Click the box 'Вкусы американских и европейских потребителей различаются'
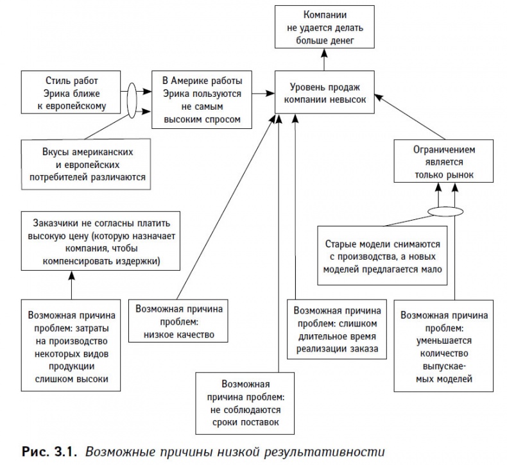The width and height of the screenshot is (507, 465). (x=87, y=165)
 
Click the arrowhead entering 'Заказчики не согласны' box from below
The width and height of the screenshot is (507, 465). (x=72, y=274)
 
